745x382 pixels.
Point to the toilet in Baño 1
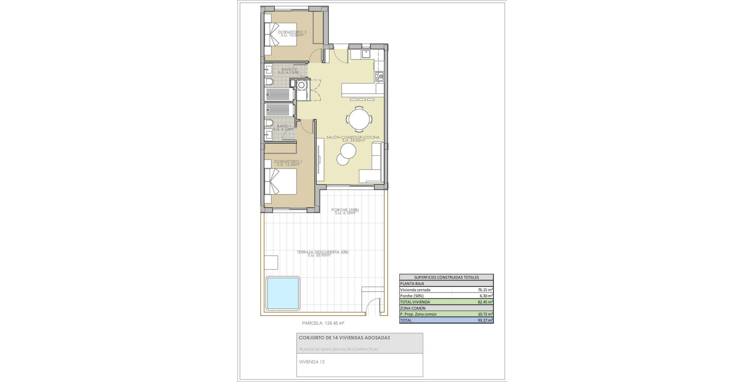click(x=268, y=123)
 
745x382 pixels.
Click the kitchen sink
click(x=366, y=54)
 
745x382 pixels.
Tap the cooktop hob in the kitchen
click(x=379, y=76)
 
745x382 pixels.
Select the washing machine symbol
click(x=302, y=85)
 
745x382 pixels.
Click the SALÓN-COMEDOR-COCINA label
click(x=353, y=137)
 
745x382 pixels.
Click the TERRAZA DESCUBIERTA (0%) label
click(x=322, y=252)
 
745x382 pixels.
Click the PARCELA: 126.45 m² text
click(x=323, y=323)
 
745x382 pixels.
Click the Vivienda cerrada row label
click(x=415, y=290)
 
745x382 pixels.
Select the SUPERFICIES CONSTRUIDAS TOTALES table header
click(x=446, y=277)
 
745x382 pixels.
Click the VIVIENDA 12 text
click(x=312, y=362)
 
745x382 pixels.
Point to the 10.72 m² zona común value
click(x=485, y=314)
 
